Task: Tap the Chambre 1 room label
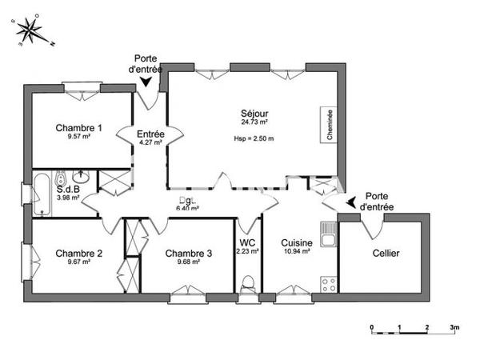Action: (78, 127)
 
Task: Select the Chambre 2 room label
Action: (78, 254)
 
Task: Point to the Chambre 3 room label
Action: (189, 254)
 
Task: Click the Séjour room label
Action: (254, 113)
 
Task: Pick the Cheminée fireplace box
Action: (330, 126)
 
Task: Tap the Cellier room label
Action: (386, 254)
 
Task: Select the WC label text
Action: (247, 242)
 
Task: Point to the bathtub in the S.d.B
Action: (42, 193)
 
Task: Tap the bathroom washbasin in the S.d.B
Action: (81, 178)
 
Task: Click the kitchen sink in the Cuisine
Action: (326, 234)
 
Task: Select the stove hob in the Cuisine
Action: (326, 282)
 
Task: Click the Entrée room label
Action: (150, 134)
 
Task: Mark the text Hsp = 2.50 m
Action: (254, 138)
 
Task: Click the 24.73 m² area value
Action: (254, 122)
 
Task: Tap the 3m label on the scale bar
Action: (454, 328)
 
